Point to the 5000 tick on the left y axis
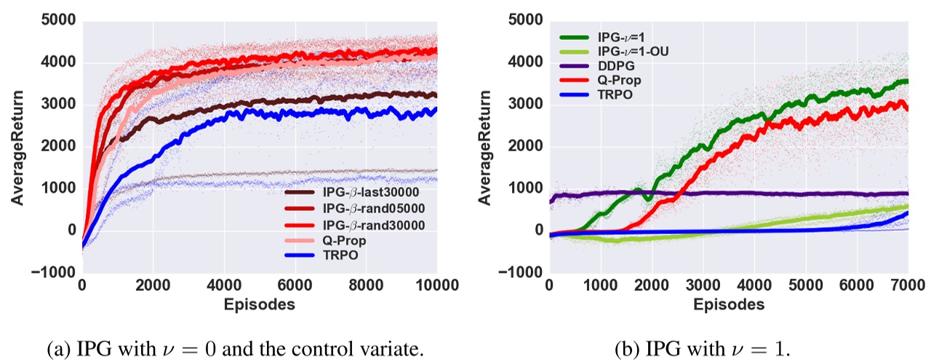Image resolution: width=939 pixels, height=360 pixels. (x=59, y=21)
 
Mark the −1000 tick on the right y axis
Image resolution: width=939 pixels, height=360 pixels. (x=521, y=273)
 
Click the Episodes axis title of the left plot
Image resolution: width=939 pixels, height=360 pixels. (x=260, y=304)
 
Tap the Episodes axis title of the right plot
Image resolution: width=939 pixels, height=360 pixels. (x=729, y=304)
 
